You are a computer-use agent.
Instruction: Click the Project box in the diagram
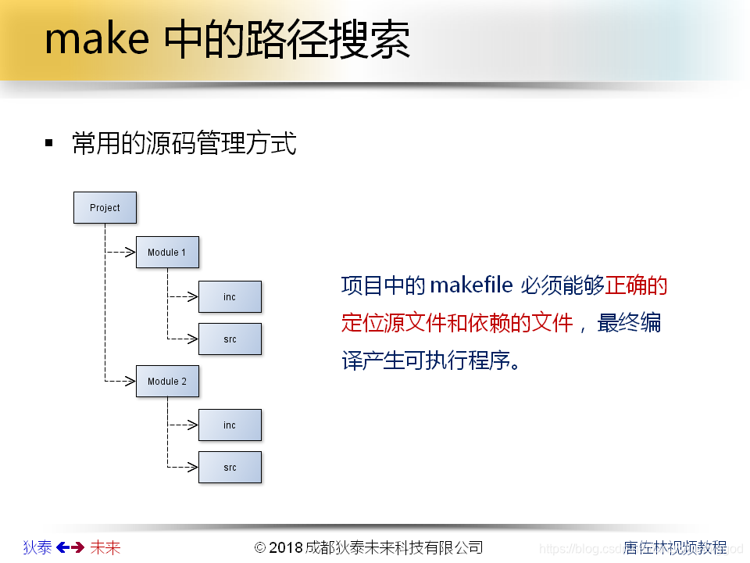pos(105,208)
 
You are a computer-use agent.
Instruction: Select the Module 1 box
pos(167,253)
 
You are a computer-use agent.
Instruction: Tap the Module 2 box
pos(167,382)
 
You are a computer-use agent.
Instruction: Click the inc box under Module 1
pos(230,297)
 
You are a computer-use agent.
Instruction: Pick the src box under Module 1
pos(230,339)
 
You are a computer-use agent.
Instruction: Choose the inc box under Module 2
pos(230,425)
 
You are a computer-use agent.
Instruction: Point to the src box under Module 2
pos(230,468)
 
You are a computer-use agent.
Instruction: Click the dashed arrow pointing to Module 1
pos(121,253)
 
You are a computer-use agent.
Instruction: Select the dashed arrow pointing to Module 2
pos(121,382)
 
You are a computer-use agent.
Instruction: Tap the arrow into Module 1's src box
pos(184,339)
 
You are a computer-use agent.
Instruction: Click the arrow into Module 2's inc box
pos(184,425)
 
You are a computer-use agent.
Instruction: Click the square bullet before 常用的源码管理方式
pos(49,143)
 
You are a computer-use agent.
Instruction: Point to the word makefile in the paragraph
pos(470,286)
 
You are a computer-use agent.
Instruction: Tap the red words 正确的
pos(637,286)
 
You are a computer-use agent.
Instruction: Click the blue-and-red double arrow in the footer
pos(71,547)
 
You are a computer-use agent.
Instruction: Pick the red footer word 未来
pos(105,547)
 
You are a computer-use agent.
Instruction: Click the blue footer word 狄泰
pos(37,547)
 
